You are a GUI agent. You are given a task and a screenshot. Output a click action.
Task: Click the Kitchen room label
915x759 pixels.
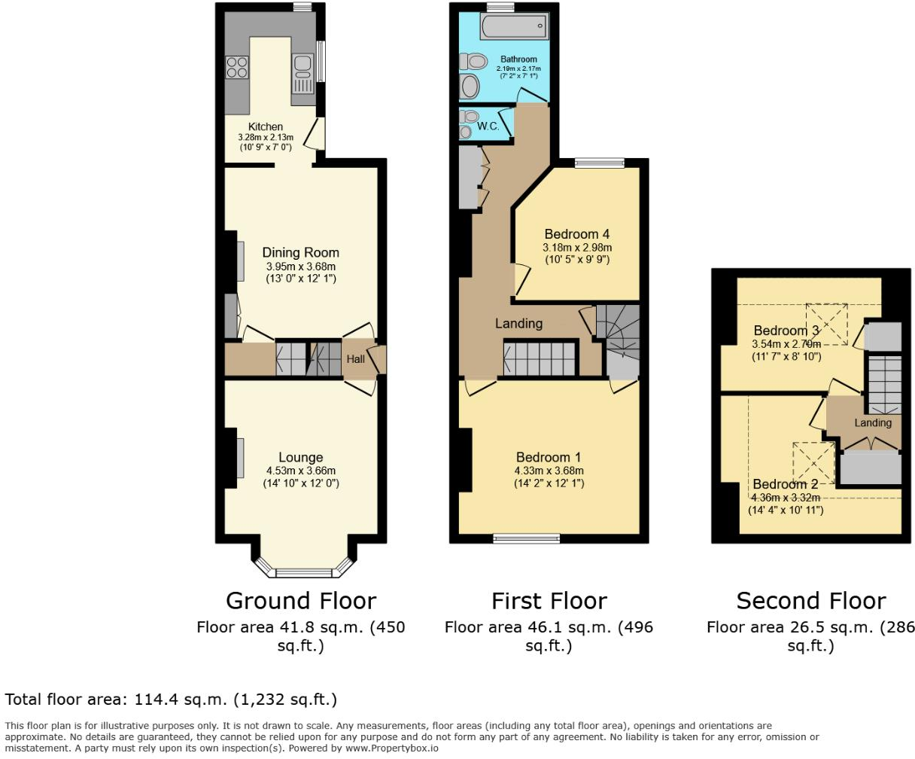(x=266, y=126)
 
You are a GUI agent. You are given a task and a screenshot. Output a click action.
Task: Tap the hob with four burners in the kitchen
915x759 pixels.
(x=237, y=68)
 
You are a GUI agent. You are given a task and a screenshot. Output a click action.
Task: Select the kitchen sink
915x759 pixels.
(x=303, y=68)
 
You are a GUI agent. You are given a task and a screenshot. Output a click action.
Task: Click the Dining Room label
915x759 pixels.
(x=300, y=252)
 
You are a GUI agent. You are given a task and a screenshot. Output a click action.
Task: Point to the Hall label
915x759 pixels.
(x=355, y=359)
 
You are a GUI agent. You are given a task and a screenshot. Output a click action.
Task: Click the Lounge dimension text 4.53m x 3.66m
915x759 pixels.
(x=300, y=471)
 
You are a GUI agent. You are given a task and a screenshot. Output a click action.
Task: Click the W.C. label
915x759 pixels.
(x=488, y=126)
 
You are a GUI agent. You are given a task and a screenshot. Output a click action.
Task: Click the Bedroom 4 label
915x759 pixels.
(x=577, y=234)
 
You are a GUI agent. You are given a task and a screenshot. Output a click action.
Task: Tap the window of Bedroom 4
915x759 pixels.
(x=600, y=163)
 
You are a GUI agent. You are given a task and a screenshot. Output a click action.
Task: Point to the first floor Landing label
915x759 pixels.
(x=518, y=323)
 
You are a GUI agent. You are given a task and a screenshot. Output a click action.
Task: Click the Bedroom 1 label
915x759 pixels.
(x=549, y=457)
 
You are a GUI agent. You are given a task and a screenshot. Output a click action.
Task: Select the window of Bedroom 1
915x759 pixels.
(x=527, y=538)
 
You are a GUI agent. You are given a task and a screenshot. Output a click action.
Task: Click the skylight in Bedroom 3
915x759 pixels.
(x=826, y=325)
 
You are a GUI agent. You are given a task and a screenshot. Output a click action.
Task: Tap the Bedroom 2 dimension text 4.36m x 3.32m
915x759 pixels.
(x=786, y=497)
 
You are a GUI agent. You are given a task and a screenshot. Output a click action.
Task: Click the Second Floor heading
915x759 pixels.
(x=810, y=601)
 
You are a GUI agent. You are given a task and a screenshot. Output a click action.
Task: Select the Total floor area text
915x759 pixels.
(x=171, y=700)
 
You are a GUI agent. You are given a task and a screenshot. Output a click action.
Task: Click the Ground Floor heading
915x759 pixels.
(x=300, y=601)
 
